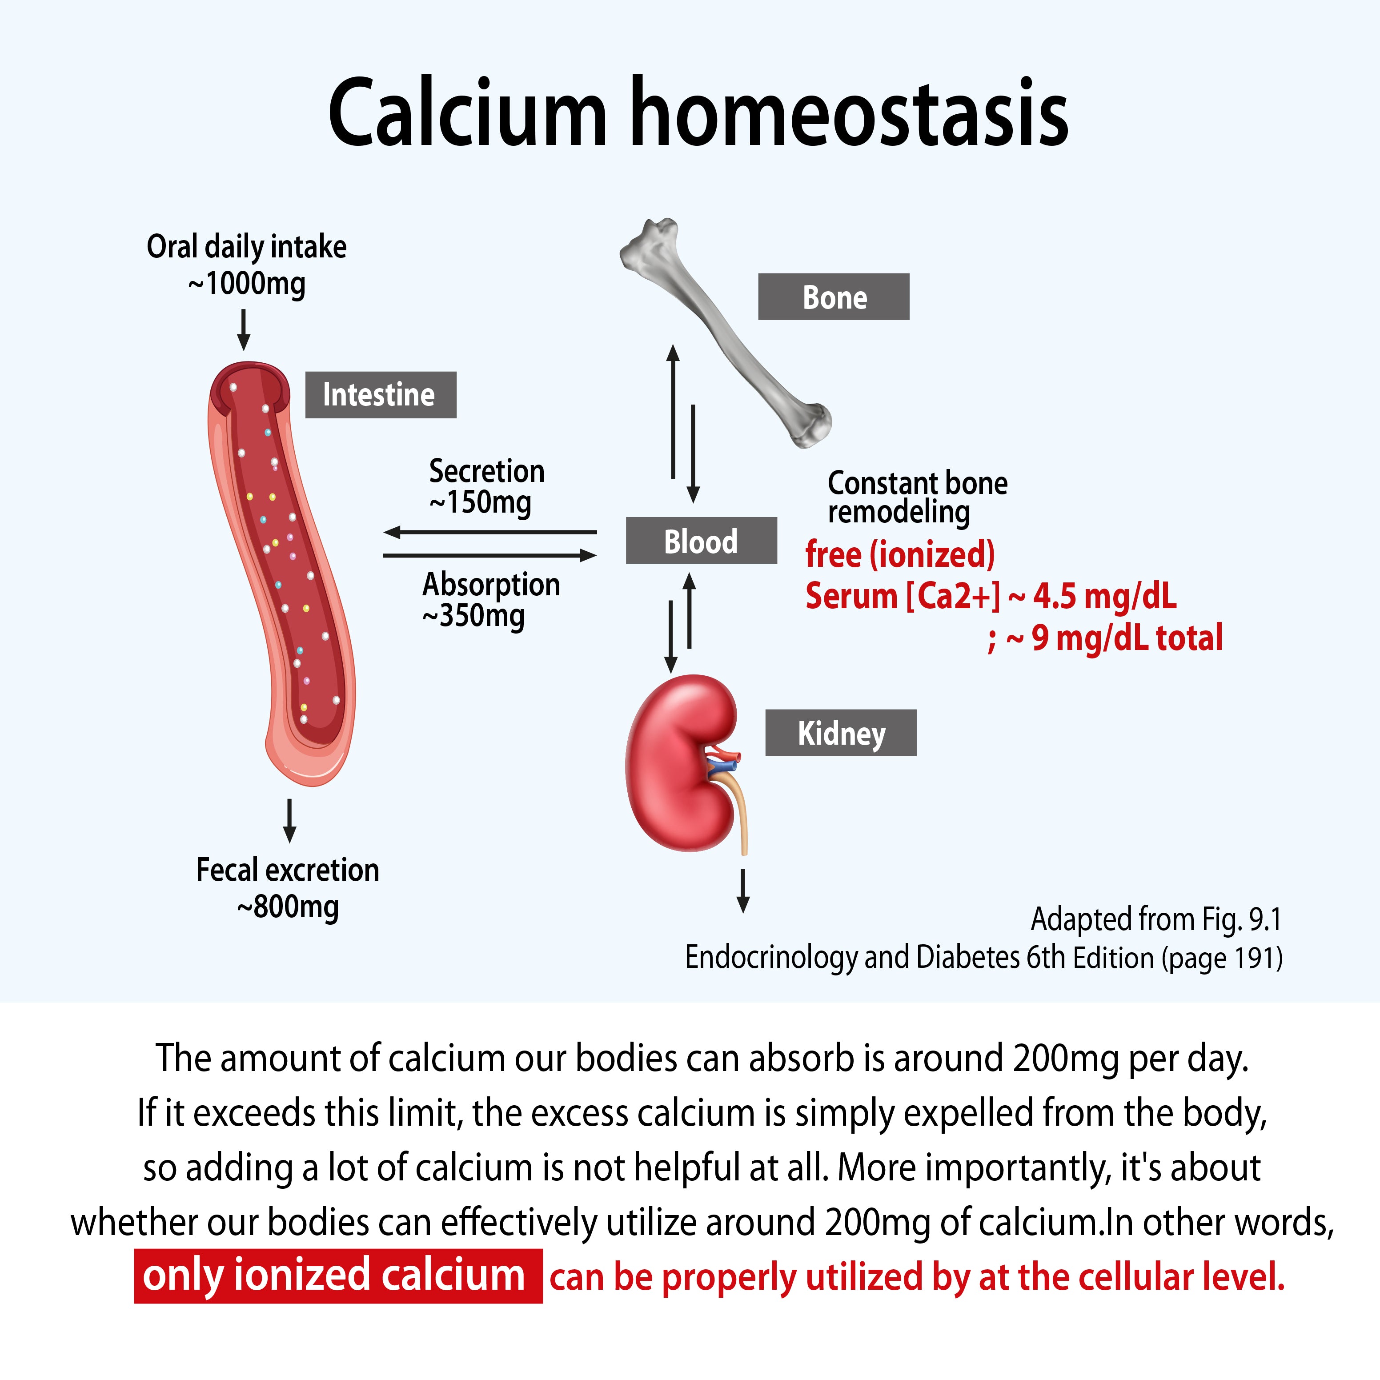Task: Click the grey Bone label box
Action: (x=834, y=297)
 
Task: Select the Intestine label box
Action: (x=381, y=394)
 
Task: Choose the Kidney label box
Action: (x=841, y=733)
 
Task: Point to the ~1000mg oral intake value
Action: (x=246, y=284)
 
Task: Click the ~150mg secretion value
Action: (x=480, y=502)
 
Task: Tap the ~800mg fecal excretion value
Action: (x=288, y=907)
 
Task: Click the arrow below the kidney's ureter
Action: (x=743, y=891)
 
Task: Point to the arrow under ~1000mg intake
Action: (x=244, y=329)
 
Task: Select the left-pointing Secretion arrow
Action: (x=490, y=532)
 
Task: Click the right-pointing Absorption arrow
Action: (x=490, y=555)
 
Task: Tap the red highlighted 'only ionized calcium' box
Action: (x=338, y=1276)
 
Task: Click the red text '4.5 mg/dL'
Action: (x=1105, y=596)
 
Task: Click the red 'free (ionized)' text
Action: (x=900, y=554)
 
